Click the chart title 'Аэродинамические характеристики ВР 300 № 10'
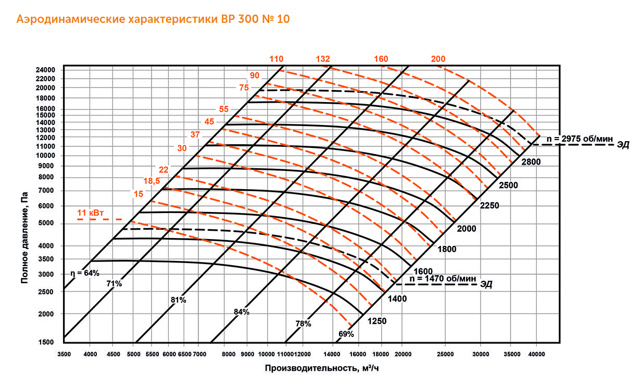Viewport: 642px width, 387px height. click(153, 20)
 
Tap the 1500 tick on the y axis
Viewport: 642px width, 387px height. click(47, 342)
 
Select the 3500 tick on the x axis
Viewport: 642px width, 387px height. click(64, 354)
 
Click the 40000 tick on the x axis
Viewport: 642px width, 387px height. click(536, 354)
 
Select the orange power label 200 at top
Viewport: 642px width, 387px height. click(438, 59)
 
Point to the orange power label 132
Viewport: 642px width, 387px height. click(323, 59)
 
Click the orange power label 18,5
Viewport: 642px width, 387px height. click(151, 181)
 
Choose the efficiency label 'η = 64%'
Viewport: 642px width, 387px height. click(84, 272)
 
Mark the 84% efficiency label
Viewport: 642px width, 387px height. click(242, 312)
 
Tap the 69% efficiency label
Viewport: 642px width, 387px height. click(346, 334)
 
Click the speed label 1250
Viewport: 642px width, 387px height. click(376, 321)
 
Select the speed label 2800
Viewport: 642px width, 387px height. click(531, 162)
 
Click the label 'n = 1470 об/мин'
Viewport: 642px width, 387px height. click(443, 279)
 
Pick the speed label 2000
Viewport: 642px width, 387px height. click(466, 228)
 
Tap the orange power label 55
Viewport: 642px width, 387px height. click(224, 109)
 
